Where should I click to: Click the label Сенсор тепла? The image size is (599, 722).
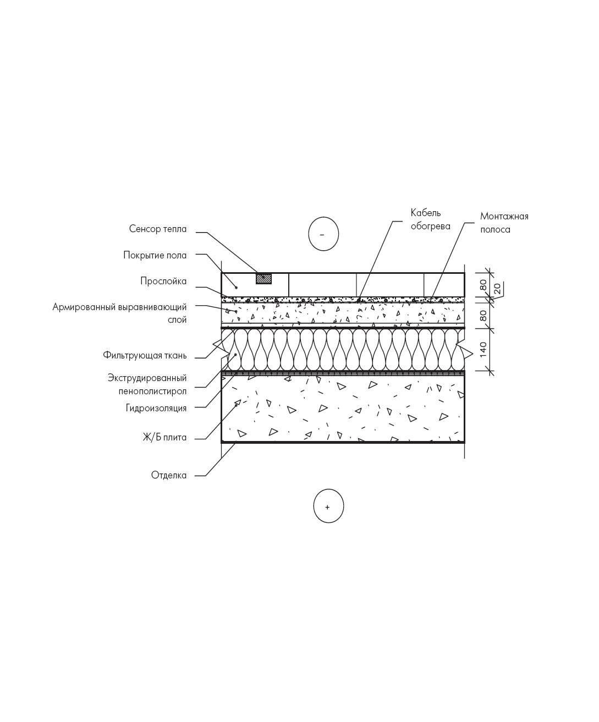[158, 229]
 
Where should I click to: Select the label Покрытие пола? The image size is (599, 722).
[155, 255]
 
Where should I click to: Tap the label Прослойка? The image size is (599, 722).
[163, 281]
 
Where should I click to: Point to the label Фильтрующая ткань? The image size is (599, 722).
[145, 355]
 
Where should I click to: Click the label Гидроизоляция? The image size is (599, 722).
[156, 408]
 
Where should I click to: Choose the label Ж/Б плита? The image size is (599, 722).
[164, 437]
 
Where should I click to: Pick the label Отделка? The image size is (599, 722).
[169, 475]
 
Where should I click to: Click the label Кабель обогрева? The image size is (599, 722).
[431, 219]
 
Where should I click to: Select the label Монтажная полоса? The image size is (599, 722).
[504, 223]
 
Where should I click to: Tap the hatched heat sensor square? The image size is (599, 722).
[263, 279]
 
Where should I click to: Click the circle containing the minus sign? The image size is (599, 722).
[323, 234]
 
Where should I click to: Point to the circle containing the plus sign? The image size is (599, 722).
[328, 507]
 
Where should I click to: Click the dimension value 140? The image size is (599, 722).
[483, 349]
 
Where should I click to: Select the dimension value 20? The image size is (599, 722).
[498, 288]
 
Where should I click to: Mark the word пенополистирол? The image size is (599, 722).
[152, 392]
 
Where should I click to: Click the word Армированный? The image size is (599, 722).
[85, 307]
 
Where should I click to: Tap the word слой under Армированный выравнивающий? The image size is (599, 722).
[177, 320]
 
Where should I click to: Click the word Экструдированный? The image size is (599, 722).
[147, 378]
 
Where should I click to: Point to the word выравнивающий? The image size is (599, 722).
[153, 307]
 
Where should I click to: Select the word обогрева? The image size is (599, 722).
[431, 226]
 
